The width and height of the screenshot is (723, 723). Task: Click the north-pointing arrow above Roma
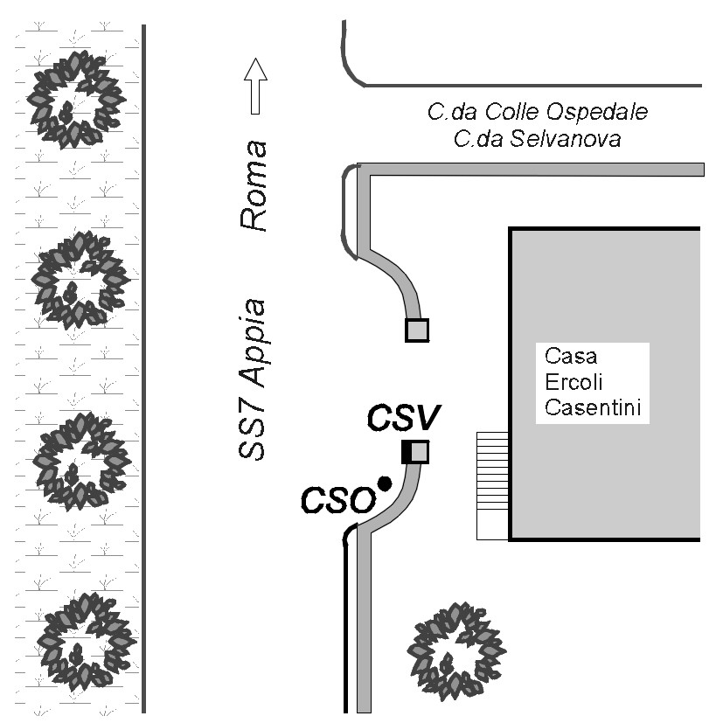255,87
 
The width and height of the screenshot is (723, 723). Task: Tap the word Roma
254,186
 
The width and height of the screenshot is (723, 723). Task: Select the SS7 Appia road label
253,379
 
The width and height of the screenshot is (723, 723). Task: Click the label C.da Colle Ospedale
538,112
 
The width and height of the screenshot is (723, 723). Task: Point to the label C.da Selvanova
537,139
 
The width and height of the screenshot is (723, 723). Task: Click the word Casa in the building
571,356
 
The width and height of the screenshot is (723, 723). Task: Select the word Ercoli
574,382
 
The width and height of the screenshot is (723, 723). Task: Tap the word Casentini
593,407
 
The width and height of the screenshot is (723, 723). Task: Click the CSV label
404,417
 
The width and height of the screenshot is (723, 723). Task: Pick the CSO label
338,500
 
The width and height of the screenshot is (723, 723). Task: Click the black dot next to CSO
385,483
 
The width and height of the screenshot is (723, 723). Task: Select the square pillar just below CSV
415,452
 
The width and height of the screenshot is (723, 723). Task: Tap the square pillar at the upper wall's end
417,330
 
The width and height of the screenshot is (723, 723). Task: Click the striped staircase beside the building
492,485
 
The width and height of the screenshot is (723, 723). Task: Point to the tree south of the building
456,651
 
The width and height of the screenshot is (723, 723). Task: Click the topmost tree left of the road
76,100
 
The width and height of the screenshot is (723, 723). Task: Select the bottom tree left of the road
87,642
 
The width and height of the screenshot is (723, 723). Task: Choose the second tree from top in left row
80,280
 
